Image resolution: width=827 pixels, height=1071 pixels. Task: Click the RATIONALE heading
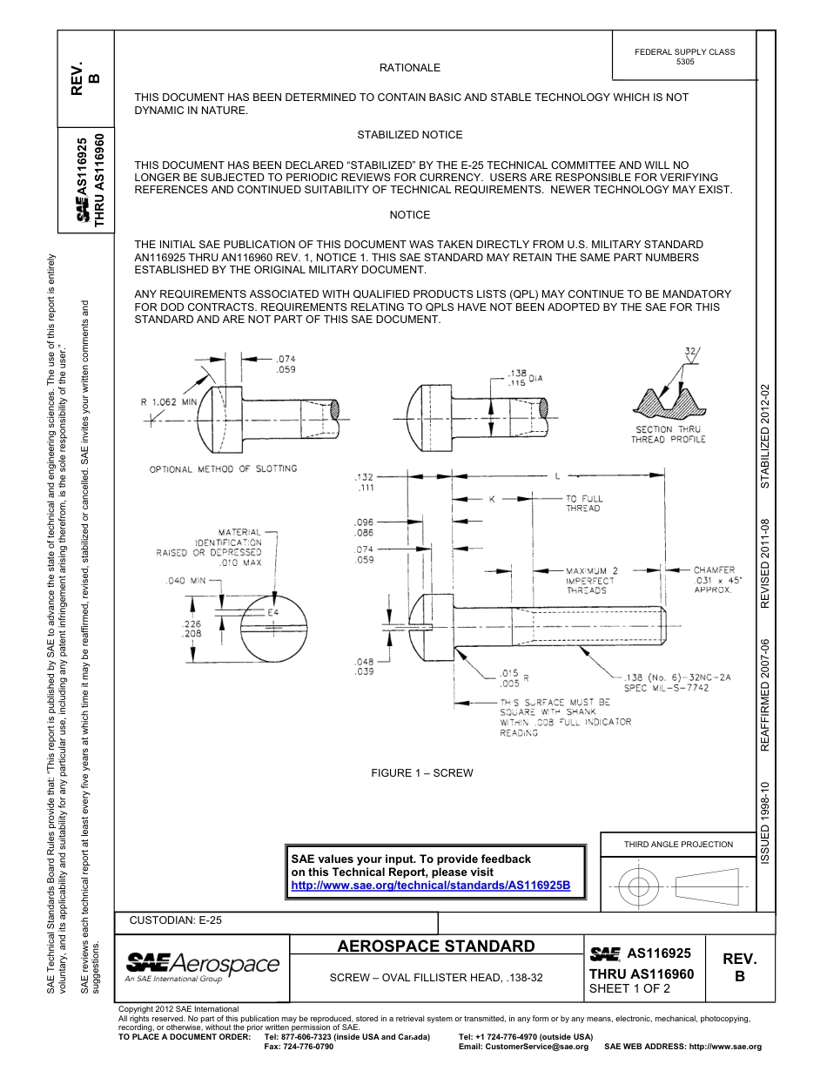click(409, 68)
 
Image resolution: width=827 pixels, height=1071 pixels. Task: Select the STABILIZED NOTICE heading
click(409, 135)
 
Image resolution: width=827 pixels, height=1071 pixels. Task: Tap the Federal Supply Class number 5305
click(685, 63)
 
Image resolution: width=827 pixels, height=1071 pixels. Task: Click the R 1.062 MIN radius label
click(170, 402)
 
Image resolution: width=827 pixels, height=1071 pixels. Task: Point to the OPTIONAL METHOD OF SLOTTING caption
click(223, 468)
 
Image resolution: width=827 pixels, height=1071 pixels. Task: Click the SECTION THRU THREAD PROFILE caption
click(668, 434)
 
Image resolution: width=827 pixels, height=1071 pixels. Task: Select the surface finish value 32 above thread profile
click(691, 352)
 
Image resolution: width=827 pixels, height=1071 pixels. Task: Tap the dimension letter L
click(556, 476)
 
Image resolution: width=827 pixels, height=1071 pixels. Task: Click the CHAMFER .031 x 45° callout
click(714, 579)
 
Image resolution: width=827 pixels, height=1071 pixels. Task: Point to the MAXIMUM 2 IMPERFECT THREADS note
click(591, 580)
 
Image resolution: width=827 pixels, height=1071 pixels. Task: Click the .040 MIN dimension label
click(188, 580)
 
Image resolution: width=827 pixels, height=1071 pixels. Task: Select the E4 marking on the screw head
click(272, 613)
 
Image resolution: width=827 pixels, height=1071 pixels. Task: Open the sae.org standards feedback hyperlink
click(430, 885)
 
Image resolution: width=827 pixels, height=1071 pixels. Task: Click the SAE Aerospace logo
click(202, 966)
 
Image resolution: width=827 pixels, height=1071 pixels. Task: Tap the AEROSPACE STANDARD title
click(436, 946)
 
